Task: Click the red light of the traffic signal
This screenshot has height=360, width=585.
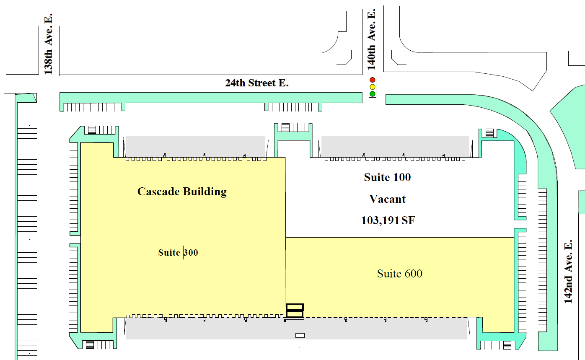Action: tap(372, 80)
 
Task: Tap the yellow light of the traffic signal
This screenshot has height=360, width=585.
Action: tap(372, 87)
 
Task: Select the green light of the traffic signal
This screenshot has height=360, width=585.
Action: tap(372, 93)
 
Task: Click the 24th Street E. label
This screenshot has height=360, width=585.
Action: tap(256, 83)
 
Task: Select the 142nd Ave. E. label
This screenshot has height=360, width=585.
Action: tap(568, 272)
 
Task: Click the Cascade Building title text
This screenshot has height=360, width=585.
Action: tap(182, 192)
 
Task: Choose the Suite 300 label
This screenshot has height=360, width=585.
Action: tap(178, 253)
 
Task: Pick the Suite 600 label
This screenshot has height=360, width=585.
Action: tap(399, 274)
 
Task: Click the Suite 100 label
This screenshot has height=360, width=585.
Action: tap(387, 177)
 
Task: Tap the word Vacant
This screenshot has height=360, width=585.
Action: tap(387, 199)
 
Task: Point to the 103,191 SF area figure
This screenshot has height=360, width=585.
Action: tap(388, 220)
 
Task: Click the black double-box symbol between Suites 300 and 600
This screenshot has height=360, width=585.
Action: tap(295, 311)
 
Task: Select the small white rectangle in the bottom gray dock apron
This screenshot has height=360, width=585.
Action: tap(300, 335)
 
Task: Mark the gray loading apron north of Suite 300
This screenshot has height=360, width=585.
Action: tap(195, 145)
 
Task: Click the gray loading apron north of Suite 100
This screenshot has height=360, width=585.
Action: tap(395, 145)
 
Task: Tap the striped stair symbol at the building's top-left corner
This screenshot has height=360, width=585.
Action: tap(92, 130)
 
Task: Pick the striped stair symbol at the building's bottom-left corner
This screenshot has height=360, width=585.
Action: tap(90, 344)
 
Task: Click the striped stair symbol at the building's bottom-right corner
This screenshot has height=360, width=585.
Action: tap(507, 345)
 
